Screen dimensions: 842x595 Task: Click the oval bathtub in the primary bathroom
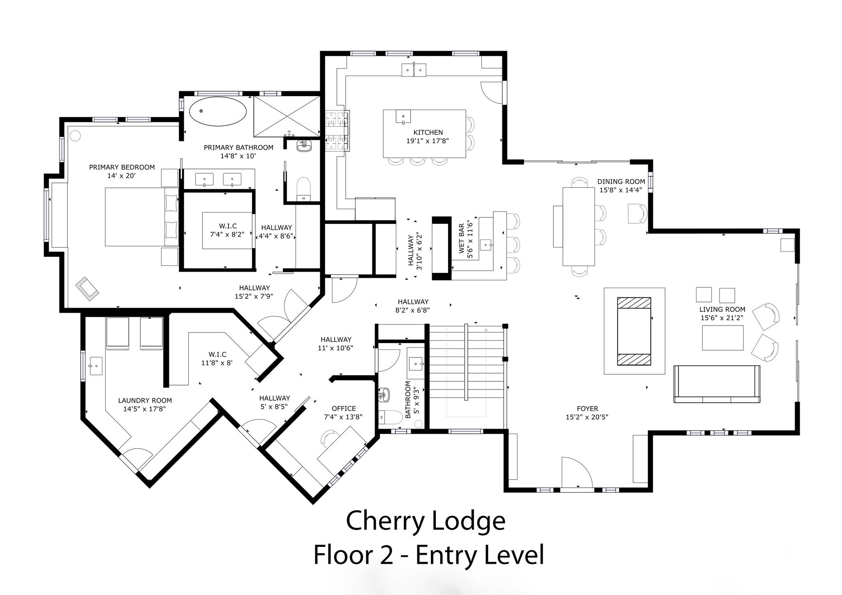pos(218,111)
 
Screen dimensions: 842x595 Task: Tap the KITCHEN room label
pos(428,132)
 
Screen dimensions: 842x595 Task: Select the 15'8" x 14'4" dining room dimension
pos(621,190)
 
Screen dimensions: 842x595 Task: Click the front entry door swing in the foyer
pos(577,473)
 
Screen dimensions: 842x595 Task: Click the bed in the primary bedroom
pos(142,217)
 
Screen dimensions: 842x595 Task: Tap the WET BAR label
pos(461,238)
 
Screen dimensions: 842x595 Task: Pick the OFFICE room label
pos(344,408)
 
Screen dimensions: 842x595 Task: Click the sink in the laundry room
pos(96,366)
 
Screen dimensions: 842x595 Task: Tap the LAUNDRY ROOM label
pos(145,401)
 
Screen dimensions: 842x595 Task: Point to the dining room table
pos(578,226)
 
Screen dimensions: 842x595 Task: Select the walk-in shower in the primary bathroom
pos(287,116)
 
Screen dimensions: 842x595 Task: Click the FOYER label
pos(587,408)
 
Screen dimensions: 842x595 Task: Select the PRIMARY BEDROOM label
pos(122,167)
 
